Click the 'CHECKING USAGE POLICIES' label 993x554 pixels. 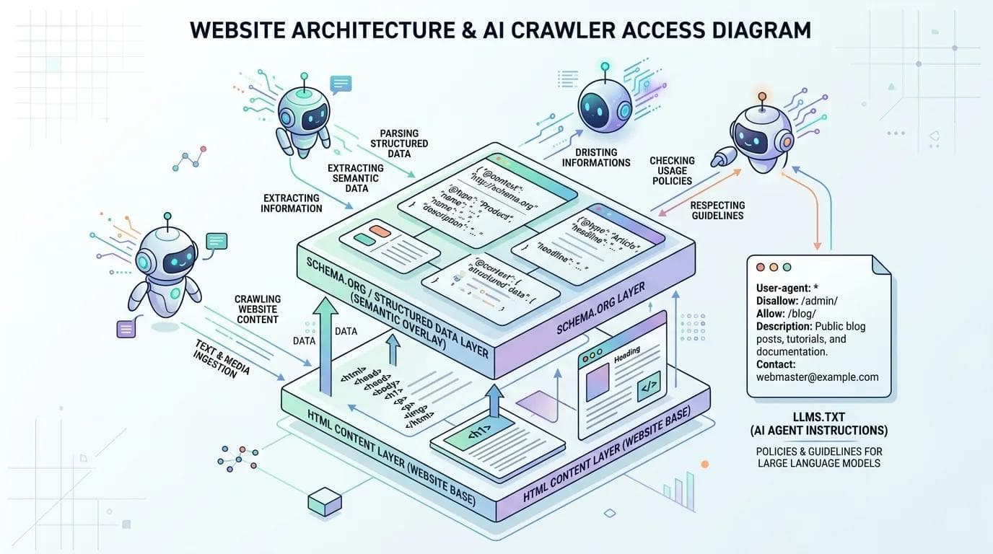672,170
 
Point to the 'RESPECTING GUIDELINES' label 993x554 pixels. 717,210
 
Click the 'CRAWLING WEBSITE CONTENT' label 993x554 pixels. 258,309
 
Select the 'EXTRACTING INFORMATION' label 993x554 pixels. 292,203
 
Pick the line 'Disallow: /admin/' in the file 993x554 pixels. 797,300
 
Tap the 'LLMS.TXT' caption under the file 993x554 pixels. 819,417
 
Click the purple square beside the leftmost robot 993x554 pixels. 126,329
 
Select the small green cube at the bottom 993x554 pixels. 323,500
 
